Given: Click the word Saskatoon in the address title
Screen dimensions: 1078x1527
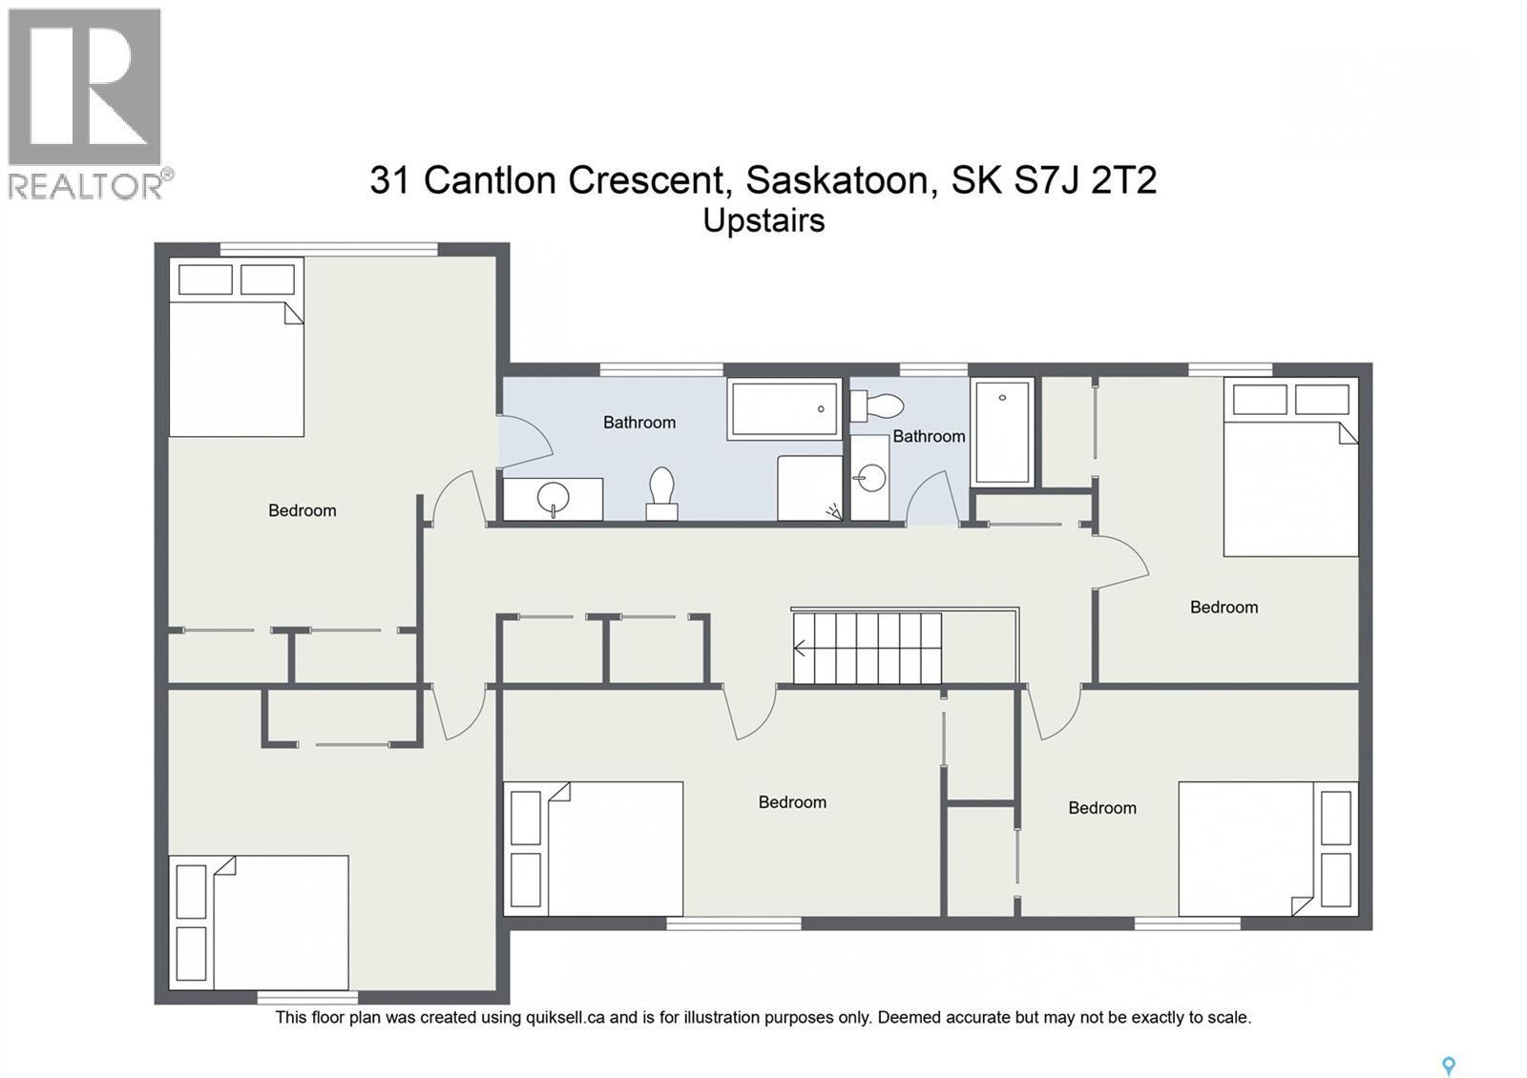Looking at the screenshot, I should (x=836, y=179).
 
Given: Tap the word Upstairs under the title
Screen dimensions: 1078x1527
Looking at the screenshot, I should (x=763, y=220).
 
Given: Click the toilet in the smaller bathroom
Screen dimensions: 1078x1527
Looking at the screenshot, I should (x=876, y=406).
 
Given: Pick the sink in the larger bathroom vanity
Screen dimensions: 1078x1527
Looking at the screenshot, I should (x=554, y=498).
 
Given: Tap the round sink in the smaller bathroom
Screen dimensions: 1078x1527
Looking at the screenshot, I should (x=869, y=477).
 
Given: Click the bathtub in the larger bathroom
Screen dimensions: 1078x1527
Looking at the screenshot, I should (x=784, y=409).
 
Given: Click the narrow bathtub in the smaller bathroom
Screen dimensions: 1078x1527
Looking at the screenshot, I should (x=1002, y=431).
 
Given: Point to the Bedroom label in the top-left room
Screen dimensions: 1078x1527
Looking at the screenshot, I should (x=302, y=510).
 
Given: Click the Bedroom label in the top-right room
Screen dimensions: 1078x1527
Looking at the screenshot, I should (x=1224, y=607).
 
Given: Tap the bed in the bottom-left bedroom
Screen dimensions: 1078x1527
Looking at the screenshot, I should (x=280, y=923).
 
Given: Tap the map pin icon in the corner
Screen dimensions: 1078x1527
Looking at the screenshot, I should (x=1448, y=1066).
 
